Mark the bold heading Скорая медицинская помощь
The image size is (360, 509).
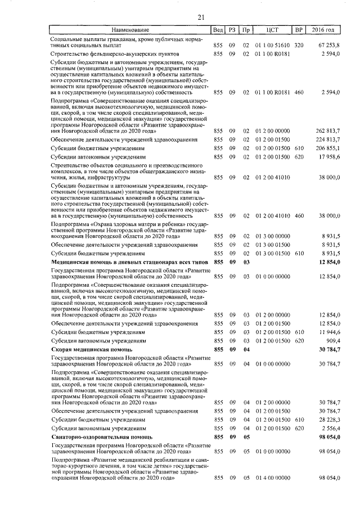pyautogui.click(x=88, y=350)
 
